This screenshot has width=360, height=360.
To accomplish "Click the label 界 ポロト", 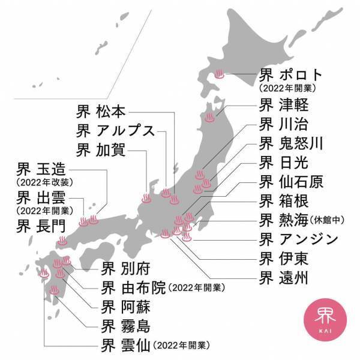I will point(290,76).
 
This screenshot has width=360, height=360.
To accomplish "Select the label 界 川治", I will point(284,125).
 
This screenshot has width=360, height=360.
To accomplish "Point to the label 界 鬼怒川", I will point(292,143).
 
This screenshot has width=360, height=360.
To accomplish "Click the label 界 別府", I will point(127,268).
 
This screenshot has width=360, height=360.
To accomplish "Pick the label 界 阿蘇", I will point(127,307).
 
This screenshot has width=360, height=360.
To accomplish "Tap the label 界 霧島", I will point(127,326).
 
